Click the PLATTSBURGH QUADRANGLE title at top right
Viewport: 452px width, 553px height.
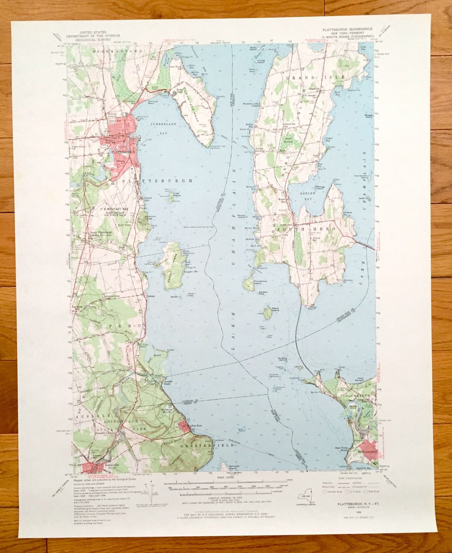coord(347,29)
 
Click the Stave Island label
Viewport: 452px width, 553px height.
coord(275,309)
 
